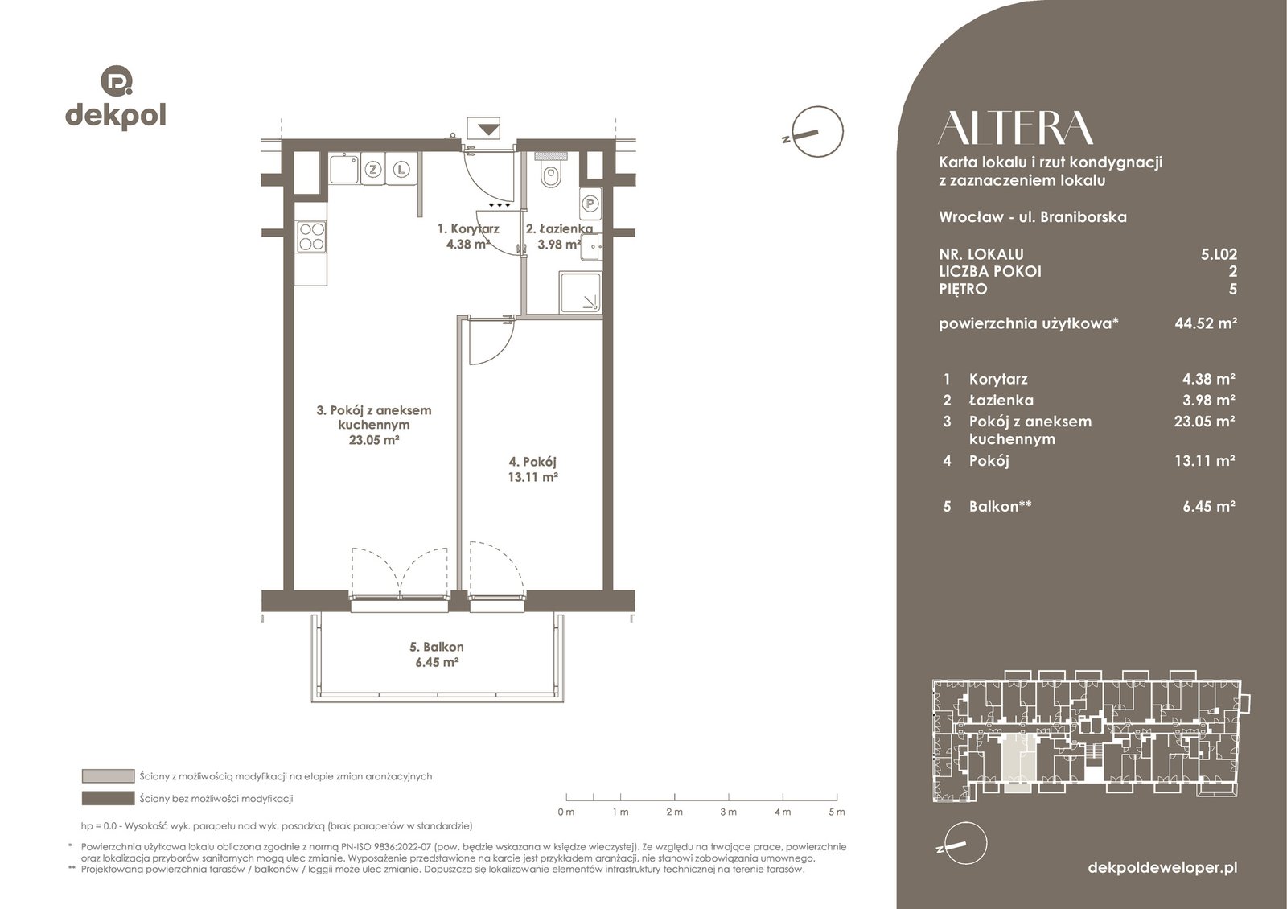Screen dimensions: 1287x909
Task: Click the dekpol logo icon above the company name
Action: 117,80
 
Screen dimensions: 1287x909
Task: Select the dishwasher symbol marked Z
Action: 373,170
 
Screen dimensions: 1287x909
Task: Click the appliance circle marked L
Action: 401,170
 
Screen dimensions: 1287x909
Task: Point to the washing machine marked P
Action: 590,204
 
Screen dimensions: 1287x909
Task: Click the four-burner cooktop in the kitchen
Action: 311,237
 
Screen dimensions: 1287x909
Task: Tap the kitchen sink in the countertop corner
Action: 345,168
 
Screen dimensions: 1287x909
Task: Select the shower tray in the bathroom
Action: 580,293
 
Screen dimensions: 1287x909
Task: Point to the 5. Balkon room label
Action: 437,647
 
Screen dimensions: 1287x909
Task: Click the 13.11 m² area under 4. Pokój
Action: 533,476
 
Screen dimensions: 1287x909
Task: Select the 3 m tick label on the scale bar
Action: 729,812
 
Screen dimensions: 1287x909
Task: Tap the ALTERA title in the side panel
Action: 1016,128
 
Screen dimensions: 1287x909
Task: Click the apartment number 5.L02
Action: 1219,254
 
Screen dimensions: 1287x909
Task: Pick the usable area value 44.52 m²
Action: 1206,323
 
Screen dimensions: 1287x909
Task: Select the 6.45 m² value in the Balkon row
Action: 1209,506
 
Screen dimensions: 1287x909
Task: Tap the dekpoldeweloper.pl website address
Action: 1163,868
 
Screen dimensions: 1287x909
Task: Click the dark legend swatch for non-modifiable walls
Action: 108,798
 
